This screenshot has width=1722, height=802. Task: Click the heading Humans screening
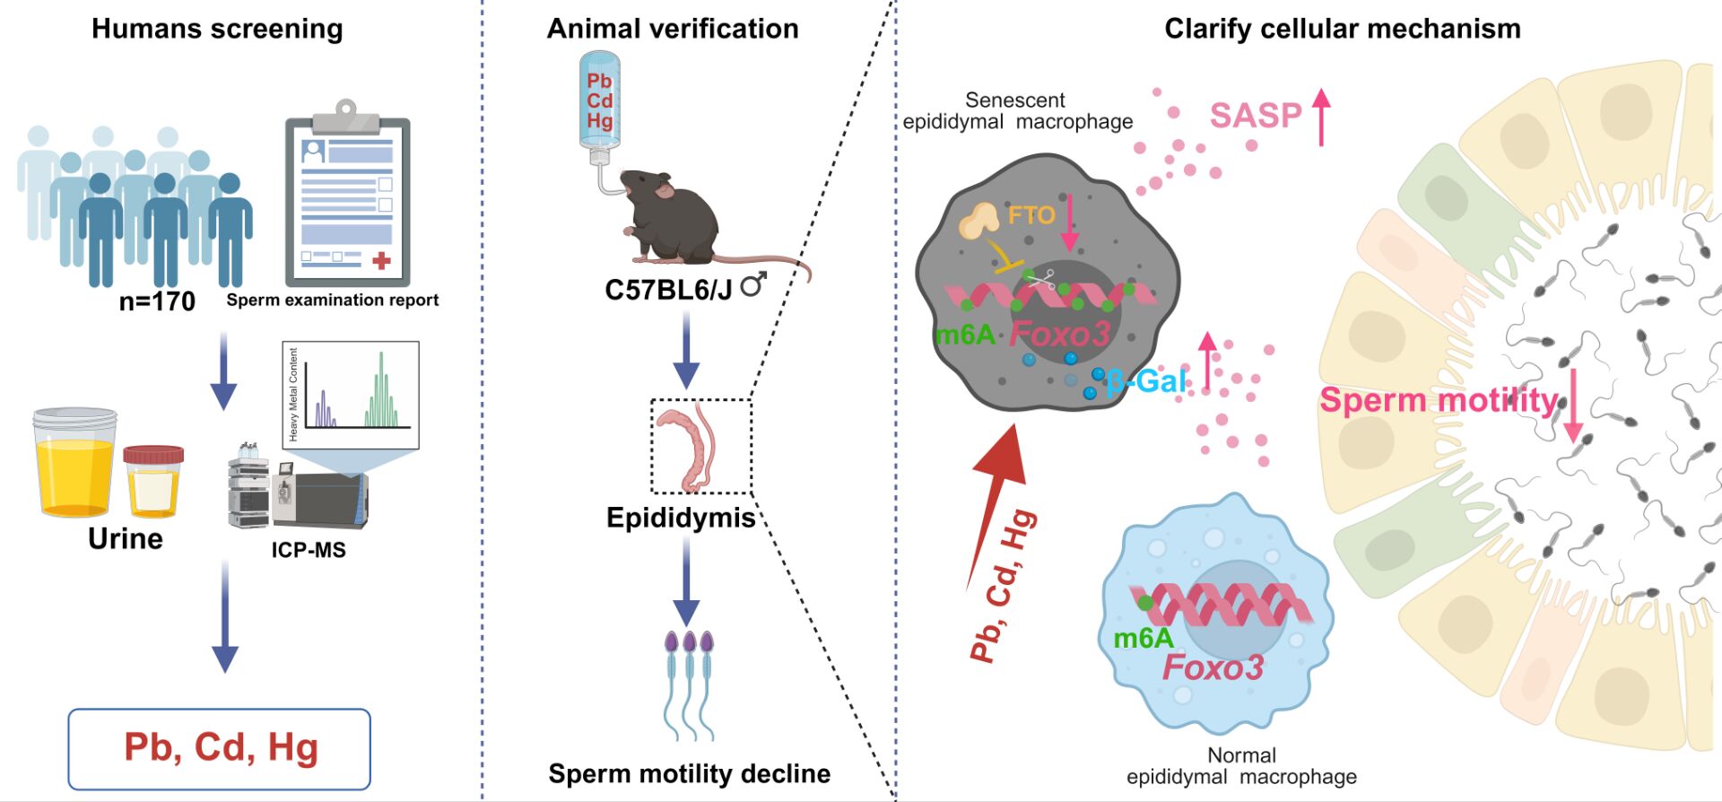[217, 29]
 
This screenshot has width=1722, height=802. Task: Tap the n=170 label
[157, 301]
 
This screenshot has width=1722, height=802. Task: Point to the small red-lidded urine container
[153, 481]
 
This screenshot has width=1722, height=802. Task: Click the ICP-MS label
[309, 550]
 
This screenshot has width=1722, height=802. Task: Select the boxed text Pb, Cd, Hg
[220, 748]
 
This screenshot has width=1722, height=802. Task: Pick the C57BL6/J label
[669, 290]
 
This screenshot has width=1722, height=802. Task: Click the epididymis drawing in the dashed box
[691, 447]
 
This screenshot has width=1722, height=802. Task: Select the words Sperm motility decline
[689, 773]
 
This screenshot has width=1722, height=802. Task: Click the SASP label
[1255, 116]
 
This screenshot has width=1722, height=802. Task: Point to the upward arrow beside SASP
[1321, 117]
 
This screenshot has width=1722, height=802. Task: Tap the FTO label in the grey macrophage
[1031, 215]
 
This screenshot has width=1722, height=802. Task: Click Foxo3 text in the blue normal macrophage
[1213, 667]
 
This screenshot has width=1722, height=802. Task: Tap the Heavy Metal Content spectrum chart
[351, 395]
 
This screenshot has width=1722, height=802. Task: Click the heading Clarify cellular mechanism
[1342, 29]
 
